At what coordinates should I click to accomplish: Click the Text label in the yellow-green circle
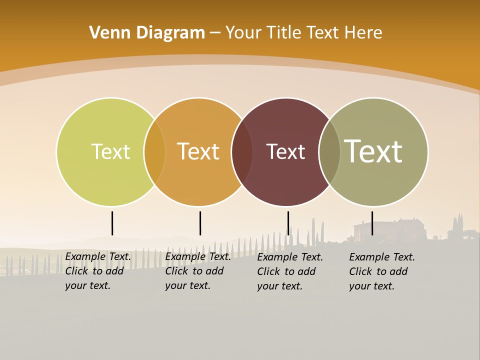[x=110, y=151]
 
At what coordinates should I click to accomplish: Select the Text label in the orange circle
[x=198, y=151]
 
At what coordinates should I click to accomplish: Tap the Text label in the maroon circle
[x=285, y=151]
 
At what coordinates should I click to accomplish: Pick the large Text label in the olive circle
[x=373, y=151]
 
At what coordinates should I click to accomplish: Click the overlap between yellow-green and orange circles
[x=154, y=151]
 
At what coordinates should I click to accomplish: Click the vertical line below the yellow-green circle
[x=112, y=223]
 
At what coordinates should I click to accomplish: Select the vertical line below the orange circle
[x=200, y=223]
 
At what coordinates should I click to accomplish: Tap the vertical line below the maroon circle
[x=288, y=223]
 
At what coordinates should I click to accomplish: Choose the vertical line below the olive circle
[x=372, y=223]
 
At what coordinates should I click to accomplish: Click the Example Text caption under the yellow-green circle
[x=97, y=271]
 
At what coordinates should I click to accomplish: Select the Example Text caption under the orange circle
[x=197, y=271]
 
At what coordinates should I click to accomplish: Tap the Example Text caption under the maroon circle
[x=289, y=271]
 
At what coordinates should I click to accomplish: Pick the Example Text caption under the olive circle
[x=381, y=271]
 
